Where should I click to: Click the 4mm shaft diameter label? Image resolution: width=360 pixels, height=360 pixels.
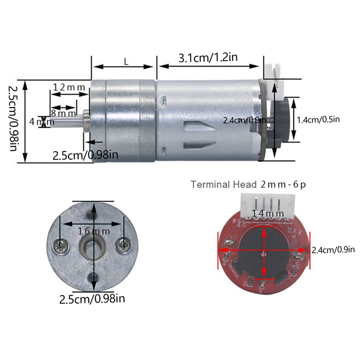click(40, 122)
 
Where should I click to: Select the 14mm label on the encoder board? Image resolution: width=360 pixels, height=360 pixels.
click(265, 213)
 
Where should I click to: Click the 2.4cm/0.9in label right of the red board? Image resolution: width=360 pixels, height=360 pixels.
click(333, 250)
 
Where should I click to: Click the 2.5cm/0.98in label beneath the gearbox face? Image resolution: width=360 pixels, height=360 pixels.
click(92, 299)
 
